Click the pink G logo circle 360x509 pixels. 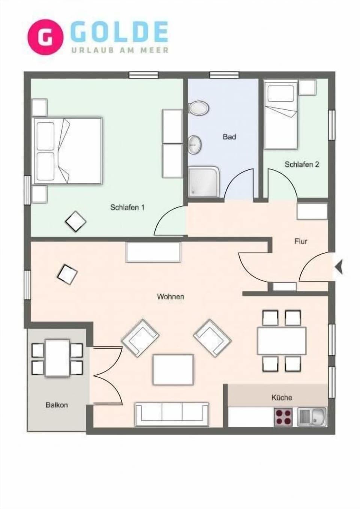pyautogui.click(x=45, y=37)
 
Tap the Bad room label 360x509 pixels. pyautogui.click(x=229, y=137)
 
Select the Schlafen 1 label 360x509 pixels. pyautogui.click(x=127, y=207)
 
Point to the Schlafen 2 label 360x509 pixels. pyautogui.click(x=301, y=164)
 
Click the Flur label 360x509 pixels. pyautogui.click(x=301, y=241)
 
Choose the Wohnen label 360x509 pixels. pyautogui.click(x=170, y=297)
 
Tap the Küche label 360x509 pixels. pyautogui.click(x=281, y=397)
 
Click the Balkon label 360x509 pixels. pyautogui.click(x=57, y=405)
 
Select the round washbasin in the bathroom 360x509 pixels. pyautogui.click(x=195, y=144)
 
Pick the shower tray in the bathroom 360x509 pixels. pyautogui.click(x=203, y=182)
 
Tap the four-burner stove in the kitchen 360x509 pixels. pyautogui.click(x=284, y=417)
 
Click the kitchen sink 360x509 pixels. pyautogui.click(x=312, y=417)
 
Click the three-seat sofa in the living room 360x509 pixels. pyautogui.click(x=172, y=414)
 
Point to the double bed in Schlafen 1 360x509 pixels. pyautogui.click(x=68, y=151)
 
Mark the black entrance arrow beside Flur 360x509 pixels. pyautogui.click(x=339, y=267)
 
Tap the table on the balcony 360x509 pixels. pyautogui.click(x=57, y=358)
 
